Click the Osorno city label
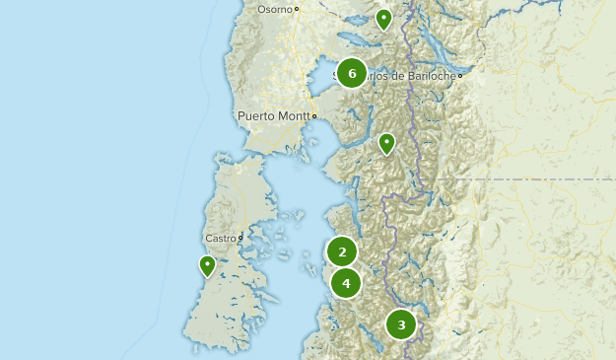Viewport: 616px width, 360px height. click(x=274, y=9)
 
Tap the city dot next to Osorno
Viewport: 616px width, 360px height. click(x=297, y=10)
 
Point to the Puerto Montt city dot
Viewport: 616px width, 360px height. click(x=314, y=116)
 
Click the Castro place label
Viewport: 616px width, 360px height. click(x=220, y=238)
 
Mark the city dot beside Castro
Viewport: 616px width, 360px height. click(x=240, y=238)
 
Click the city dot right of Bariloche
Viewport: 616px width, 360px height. click(x=459, y=75)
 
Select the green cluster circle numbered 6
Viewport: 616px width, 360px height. click(x=352, y=73)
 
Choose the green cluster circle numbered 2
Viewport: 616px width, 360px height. click(x=342, y=252)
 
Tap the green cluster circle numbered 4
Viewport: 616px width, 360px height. click(x=345, y=283)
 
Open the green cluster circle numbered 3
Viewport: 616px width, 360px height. click(x=401, y=324)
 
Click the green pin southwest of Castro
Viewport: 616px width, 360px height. click(x=207, y=265)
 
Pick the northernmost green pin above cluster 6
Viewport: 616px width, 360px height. click(x=384, y=19)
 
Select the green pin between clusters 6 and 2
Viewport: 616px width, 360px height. click(x=387, y=144)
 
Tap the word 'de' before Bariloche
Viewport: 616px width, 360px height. click(x=398, y=75)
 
